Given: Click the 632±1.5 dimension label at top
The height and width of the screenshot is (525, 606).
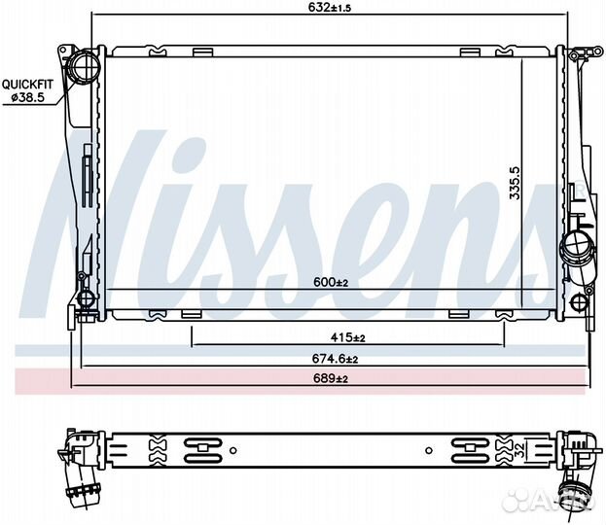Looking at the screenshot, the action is click(330, 7).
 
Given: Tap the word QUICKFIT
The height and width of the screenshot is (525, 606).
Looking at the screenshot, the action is click(27, 85).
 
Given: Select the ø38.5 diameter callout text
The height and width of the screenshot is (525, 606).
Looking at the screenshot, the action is click(27, 98).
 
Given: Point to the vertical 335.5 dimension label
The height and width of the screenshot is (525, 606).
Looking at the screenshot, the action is click(515, 183).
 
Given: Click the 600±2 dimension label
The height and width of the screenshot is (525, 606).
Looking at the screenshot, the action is click(331, 282).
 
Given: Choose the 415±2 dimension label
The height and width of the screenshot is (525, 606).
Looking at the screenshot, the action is click(348, 337).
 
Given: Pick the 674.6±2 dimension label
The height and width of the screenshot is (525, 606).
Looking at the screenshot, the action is click(335, 359).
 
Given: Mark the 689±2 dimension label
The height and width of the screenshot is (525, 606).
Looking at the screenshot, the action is click(331, 378).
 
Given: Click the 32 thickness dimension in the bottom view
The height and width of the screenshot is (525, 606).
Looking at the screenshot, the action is click(520, 450).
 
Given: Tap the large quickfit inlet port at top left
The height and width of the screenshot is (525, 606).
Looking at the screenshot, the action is click(83, 66).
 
